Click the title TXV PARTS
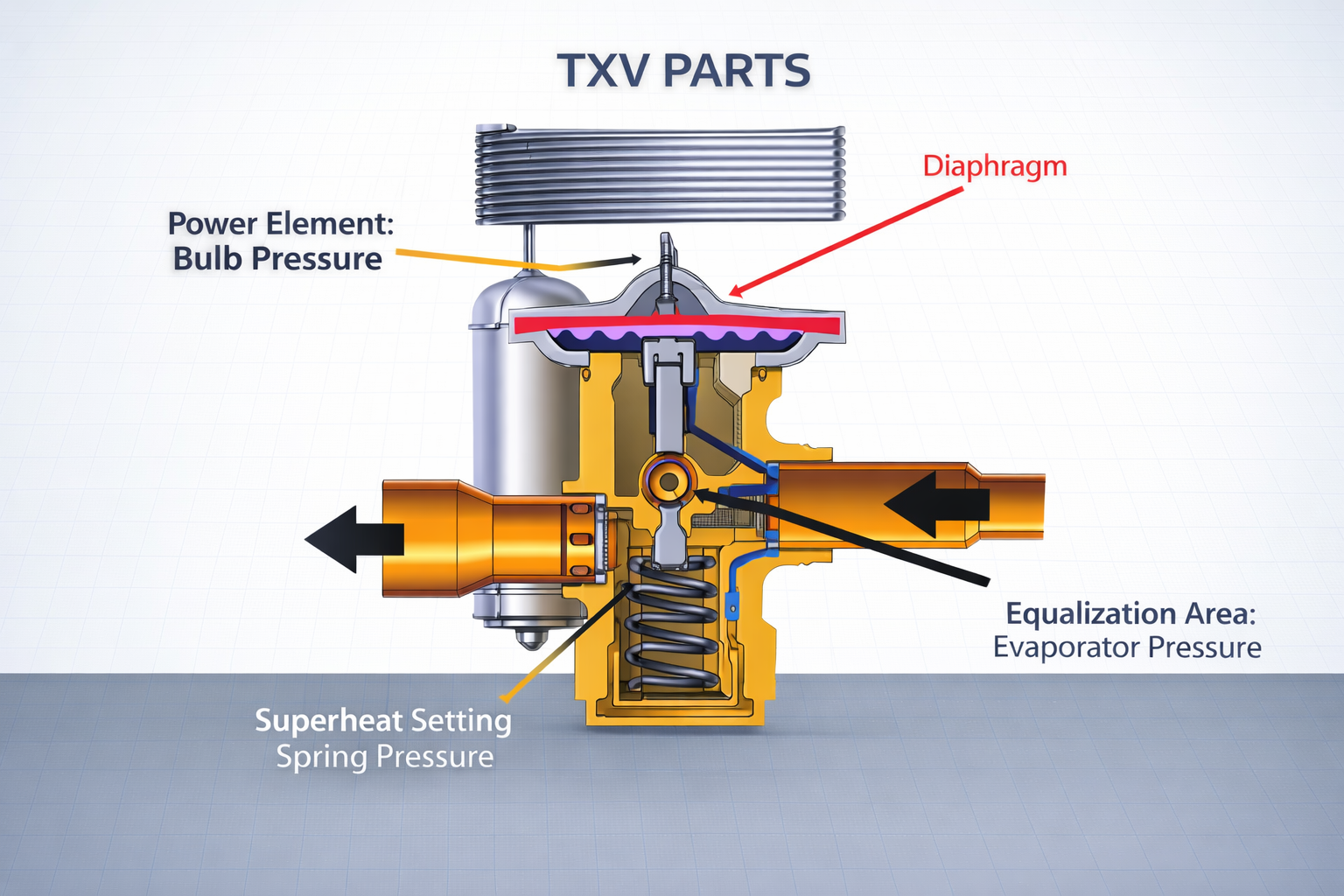(683, 71)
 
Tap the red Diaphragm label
(995, 166)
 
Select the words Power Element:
(281, 224)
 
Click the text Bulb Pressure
(277, 259)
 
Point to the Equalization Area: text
(1130, 613)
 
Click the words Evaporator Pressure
(1127, 648)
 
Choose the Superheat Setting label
(383, 721)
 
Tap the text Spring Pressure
(385, 757)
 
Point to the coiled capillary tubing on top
(661, 173)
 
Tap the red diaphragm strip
(677, 325)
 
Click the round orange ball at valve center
(669, 480)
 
